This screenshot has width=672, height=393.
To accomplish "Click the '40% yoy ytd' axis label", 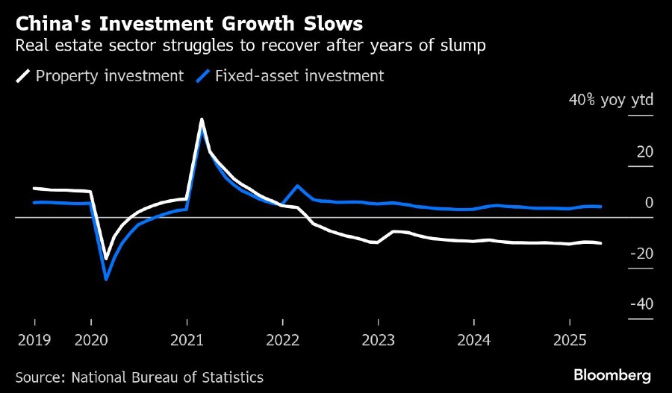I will tap(612, 101).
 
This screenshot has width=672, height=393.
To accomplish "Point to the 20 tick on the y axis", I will tap(644, 152).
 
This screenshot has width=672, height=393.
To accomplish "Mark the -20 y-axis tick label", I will tap(641, 254).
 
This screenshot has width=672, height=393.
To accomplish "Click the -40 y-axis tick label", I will tap(641, 304).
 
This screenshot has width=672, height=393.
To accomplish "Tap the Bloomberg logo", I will tap(612, 374).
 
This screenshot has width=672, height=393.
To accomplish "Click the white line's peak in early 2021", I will tap(202, 119).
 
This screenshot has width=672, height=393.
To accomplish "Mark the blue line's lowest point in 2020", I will tap(106, 280).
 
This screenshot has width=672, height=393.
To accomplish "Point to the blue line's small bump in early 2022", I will tap(298, 186).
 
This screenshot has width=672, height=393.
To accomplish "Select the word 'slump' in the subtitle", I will tap(467, 46).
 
